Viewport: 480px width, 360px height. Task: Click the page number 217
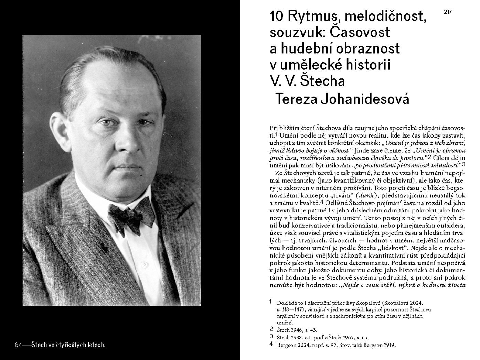pyautogui.click(x=447, y=12)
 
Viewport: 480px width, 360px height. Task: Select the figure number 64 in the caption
pyautogui.click(x=19, y=345)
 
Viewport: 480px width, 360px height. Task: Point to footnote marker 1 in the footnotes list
pyautogui.click(x=271, y=302)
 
